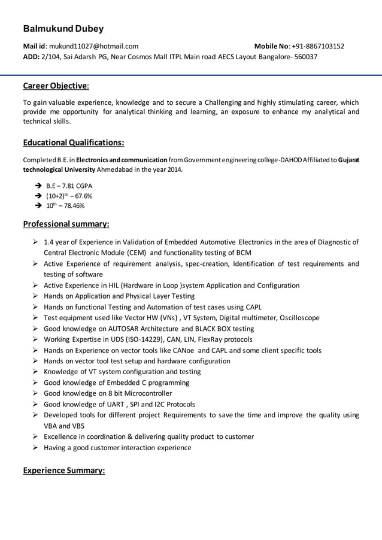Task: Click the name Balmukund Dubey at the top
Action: tap(63, 29)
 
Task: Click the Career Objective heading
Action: tap(56, 85)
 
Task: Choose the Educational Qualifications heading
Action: tap(74, 142)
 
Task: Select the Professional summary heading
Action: tap(66, 225)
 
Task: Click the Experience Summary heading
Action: tap(63, 471)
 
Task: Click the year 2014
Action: tap(173, 169)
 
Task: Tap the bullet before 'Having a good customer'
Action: tap(36, 447)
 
